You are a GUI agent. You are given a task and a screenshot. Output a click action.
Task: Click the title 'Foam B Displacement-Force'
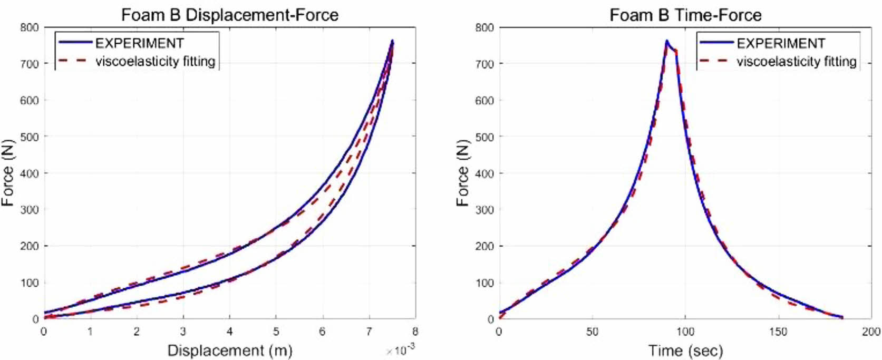230,15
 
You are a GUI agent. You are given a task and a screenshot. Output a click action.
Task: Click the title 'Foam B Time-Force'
685,15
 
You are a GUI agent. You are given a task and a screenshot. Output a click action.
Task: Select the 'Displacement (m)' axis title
230,350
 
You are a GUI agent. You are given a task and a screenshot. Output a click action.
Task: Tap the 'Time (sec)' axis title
685,350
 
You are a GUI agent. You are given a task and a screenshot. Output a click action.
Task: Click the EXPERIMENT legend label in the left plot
139,43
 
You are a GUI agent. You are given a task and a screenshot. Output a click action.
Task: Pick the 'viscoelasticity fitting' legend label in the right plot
796,62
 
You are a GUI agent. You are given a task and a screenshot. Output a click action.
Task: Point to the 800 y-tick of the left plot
30,27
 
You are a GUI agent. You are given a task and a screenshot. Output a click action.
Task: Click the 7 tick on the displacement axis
369,332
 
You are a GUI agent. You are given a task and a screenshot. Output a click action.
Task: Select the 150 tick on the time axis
778,332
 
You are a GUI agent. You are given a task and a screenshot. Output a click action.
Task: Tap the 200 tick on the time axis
871,332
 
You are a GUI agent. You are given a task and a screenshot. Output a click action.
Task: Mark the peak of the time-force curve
667,41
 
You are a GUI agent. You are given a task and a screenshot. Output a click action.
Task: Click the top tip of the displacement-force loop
393,41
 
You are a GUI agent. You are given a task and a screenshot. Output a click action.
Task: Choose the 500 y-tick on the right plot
484,137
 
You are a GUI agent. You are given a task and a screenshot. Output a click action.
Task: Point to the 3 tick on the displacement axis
183,332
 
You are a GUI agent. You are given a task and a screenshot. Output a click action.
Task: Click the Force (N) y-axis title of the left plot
7,173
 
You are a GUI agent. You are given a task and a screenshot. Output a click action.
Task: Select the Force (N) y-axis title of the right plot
462,173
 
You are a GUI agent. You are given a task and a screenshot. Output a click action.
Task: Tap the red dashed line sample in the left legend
73,61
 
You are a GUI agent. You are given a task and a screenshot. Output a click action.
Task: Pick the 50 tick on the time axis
592,332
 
